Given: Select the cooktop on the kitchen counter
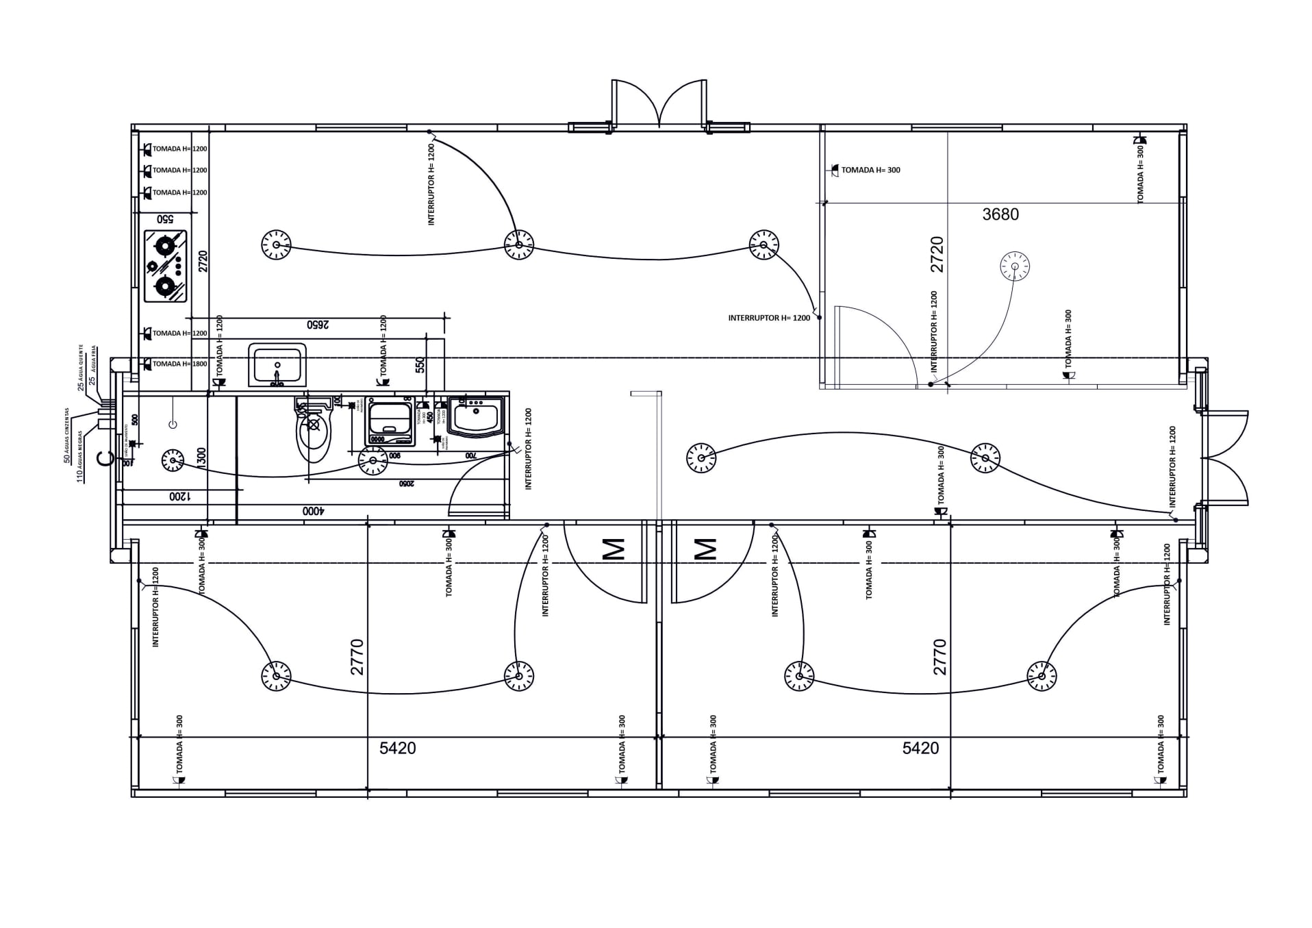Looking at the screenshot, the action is click(165, 266).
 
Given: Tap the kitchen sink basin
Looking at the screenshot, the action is click(277, 364).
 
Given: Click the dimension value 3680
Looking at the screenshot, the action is click(1000, 214).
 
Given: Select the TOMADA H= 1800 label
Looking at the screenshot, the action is click(179, 364).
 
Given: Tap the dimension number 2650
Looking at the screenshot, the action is click(319, 325).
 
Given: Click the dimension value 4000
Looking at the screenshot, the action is click(312, 511).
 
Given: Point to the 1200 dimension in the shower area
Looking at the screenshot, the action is click(180, 496).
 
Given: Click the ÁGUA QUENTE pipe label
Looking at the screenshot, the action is click(82, 368).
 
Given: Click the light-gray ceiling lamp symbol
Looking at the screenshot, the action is click(1014, 266).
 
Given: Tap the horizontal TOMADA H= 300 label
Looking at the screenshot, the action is click(870, 170).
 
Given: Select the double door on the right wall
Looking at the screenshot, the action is click(1225, 457).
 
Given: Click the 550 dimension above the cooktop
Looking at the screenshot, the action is click(165, 219).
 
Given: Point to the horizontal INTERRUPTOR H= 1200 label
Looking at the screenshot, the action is click(768, 318).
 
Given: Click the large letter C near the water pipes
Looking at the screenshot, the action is click(105, 459).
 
